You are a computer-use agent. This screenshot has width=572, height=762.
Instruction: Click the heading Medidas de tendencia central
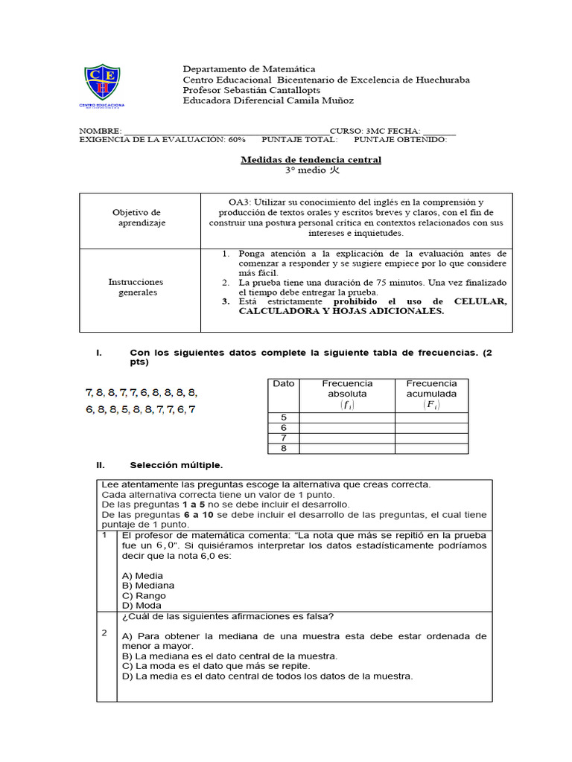coord(311,159)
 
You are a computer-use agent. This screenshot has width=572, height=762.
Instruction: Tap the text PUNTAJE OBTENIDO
coord(400,138)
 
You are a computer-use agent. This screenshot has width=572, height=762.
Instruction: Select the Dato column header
coord(283,383)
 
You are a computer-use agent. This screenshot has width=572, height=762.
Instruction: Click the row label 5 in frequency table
coord(283,417)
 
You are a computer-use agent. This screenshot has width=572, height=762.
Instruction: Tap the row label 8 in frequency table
coord(283,448)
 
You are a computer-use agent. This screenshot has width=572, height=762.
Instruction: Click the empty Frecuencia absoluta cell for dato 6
coord(347,428)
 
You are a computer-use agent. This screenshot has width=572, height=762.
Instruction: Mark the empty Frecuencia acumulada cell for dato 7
coord(431,438)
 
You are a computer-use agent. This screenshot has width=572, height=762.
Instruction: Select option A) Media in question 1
coord(142,575)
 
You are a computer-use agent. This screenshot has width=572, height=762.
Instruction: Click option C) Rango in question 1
coord(144,595)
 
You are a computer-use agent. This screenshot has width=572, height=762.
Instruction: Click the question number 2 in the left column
coord(106,633)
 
